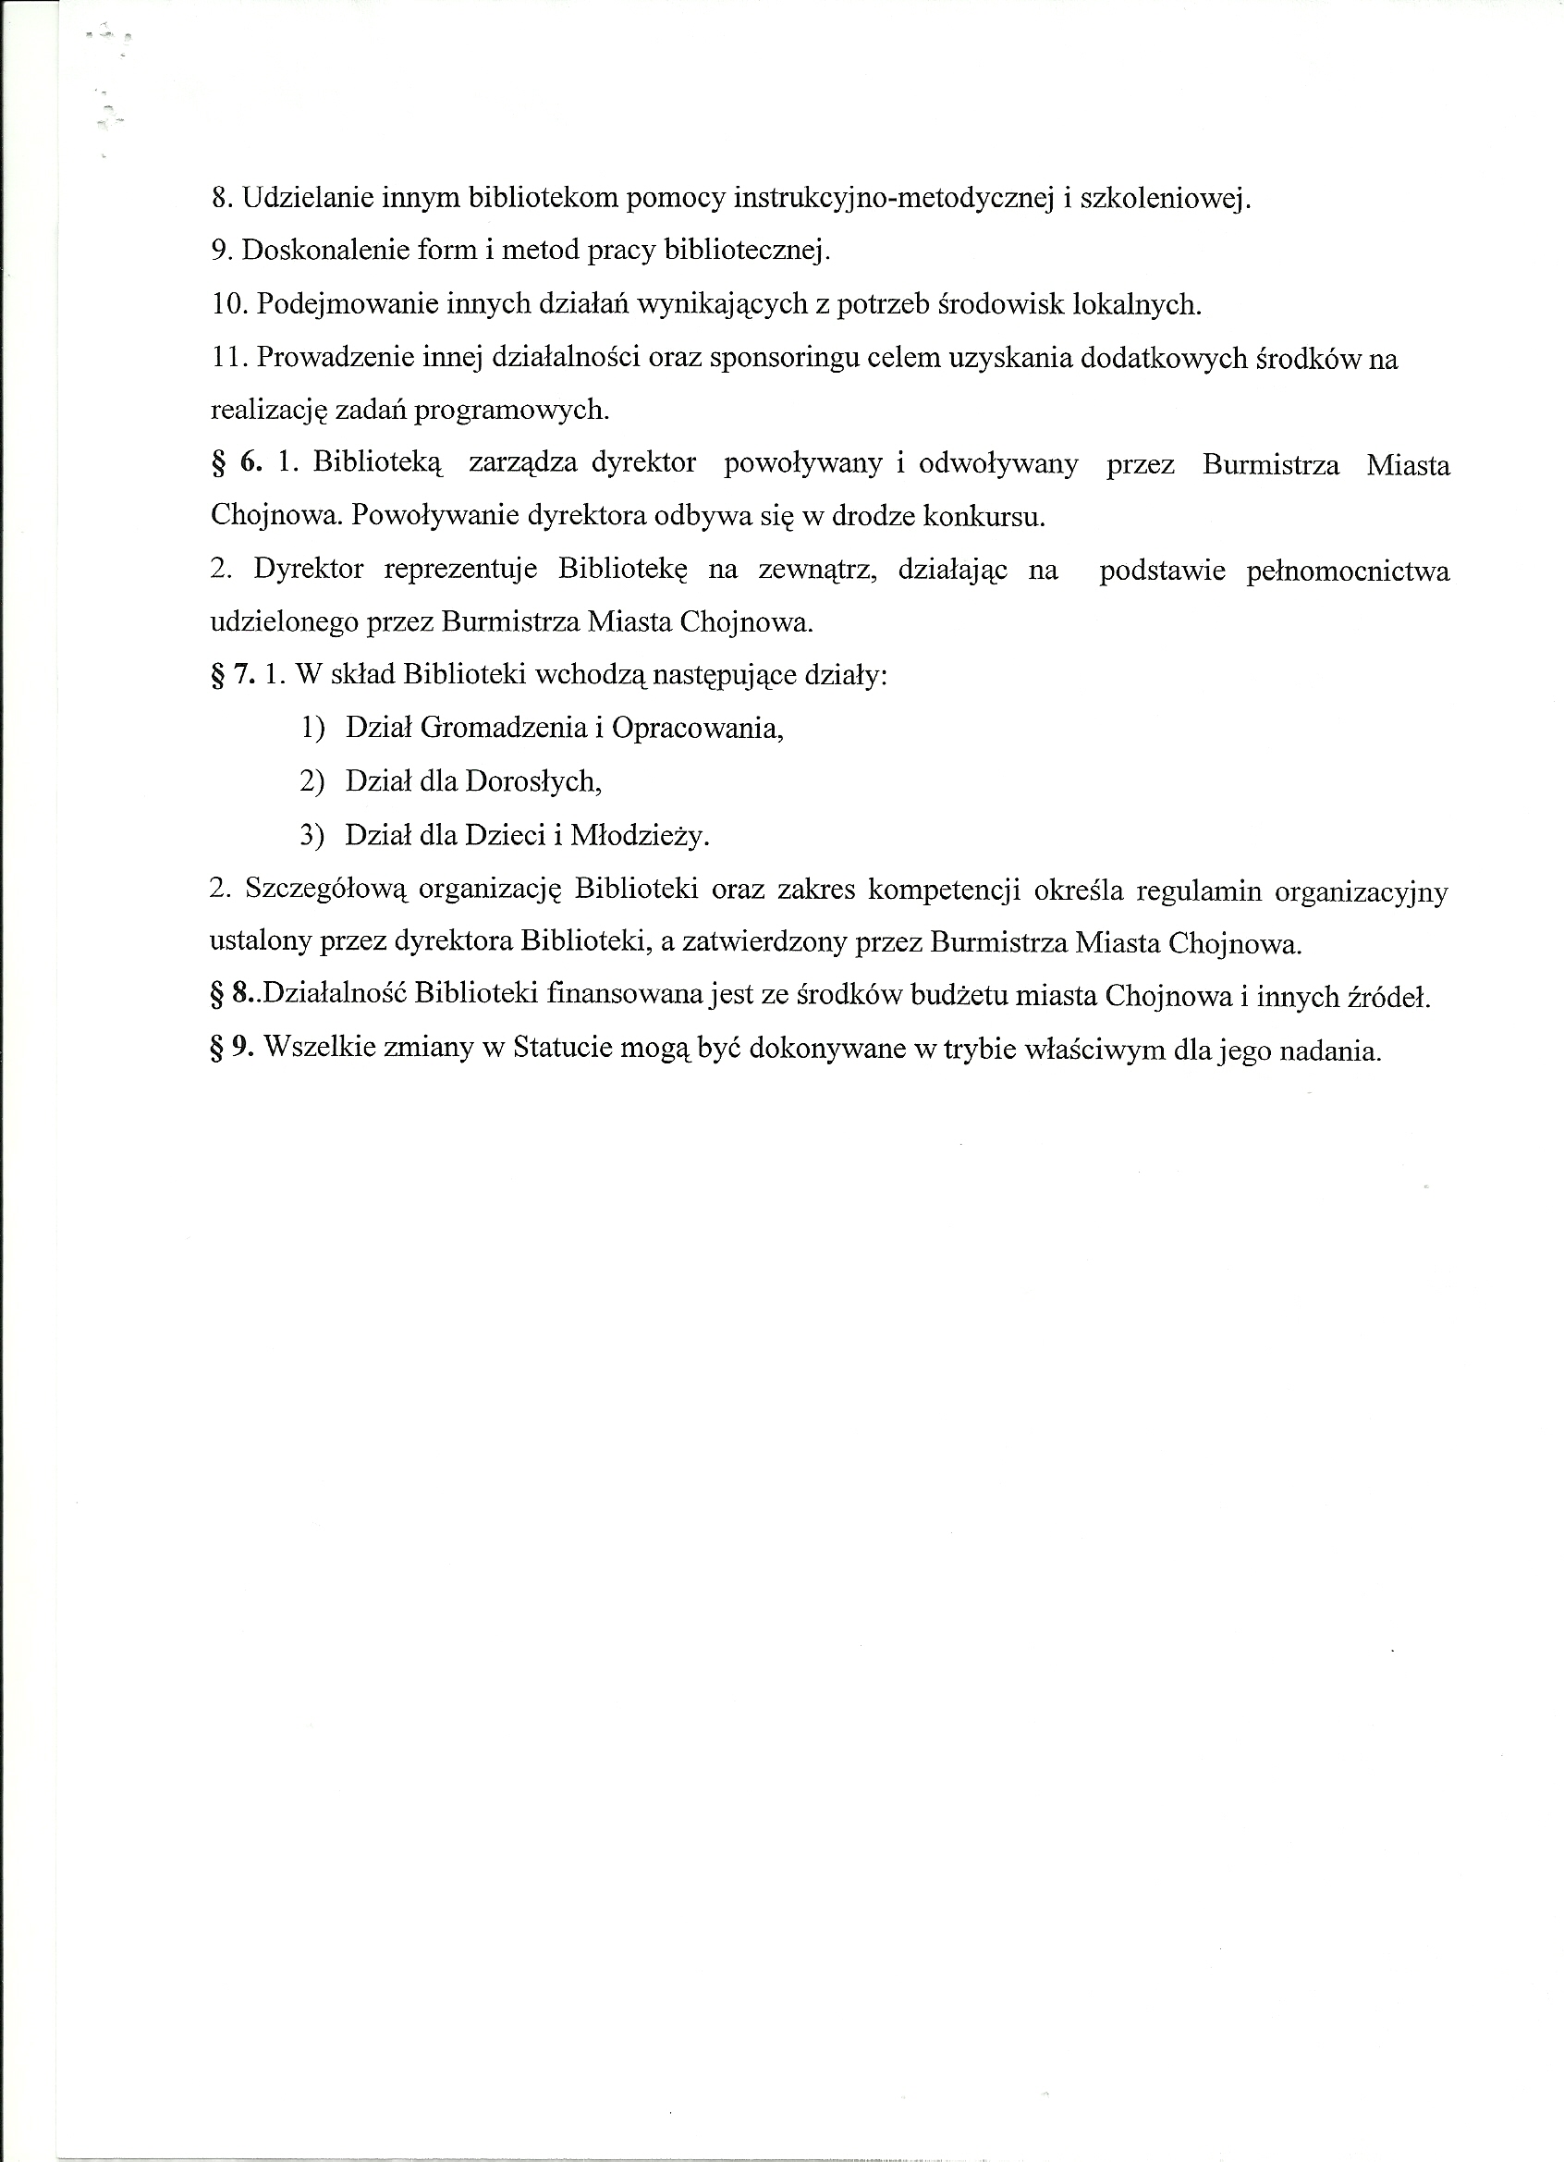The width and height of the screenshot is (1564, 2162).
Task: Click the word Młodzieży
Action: click(x=640, y=836)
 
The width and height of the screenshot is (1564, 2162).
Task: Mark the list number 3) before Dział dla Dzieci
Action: click(x=312, y=836)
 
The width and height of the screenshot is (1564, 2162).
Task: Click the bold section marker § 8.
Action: click(x=232, y=996)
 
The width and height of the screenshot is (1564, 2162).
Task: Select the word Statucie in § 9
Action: click(x=561, y=1049)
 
